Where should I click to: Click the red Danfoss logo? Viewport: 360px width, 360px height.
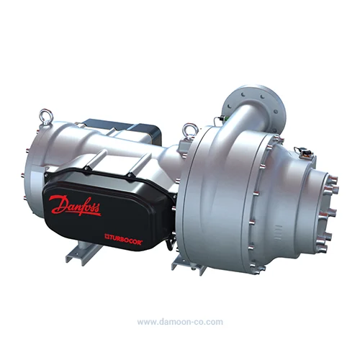pyautogui.click(x=75, y=205)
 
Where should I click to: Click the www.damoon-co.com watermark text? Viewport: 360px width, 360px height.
pyautogui.click(x=180, y=322)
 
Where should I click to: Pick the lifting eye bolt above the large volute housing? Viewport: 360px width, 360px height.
pyautogui.click(x=190, y=131)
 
